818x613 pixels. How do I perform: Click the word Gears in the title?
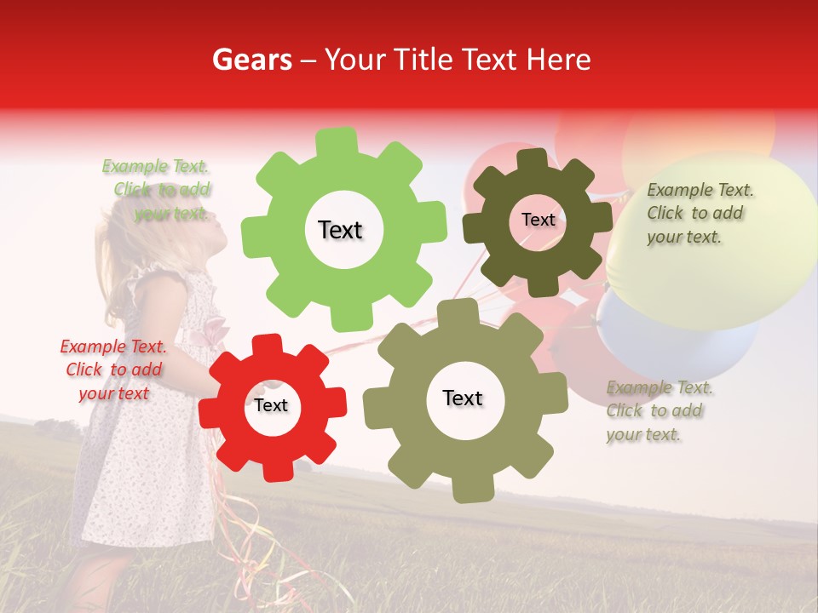pos(251,60)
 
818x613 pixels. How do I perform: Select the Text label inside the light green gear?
pos(340,230)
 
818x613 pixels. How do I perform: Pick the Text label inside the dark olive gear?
pos(538,220)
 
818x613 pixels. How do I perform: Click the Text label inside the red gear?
pos(271,405)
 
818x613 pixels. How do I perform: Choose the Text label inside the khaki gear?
pos(463,398)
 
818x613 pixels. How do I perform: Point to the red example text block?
pos(113,370)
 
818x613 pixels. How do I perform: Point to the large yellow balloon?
pos(724,247)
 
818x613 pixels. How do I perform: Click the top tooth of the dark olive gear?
pos(531,158)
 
